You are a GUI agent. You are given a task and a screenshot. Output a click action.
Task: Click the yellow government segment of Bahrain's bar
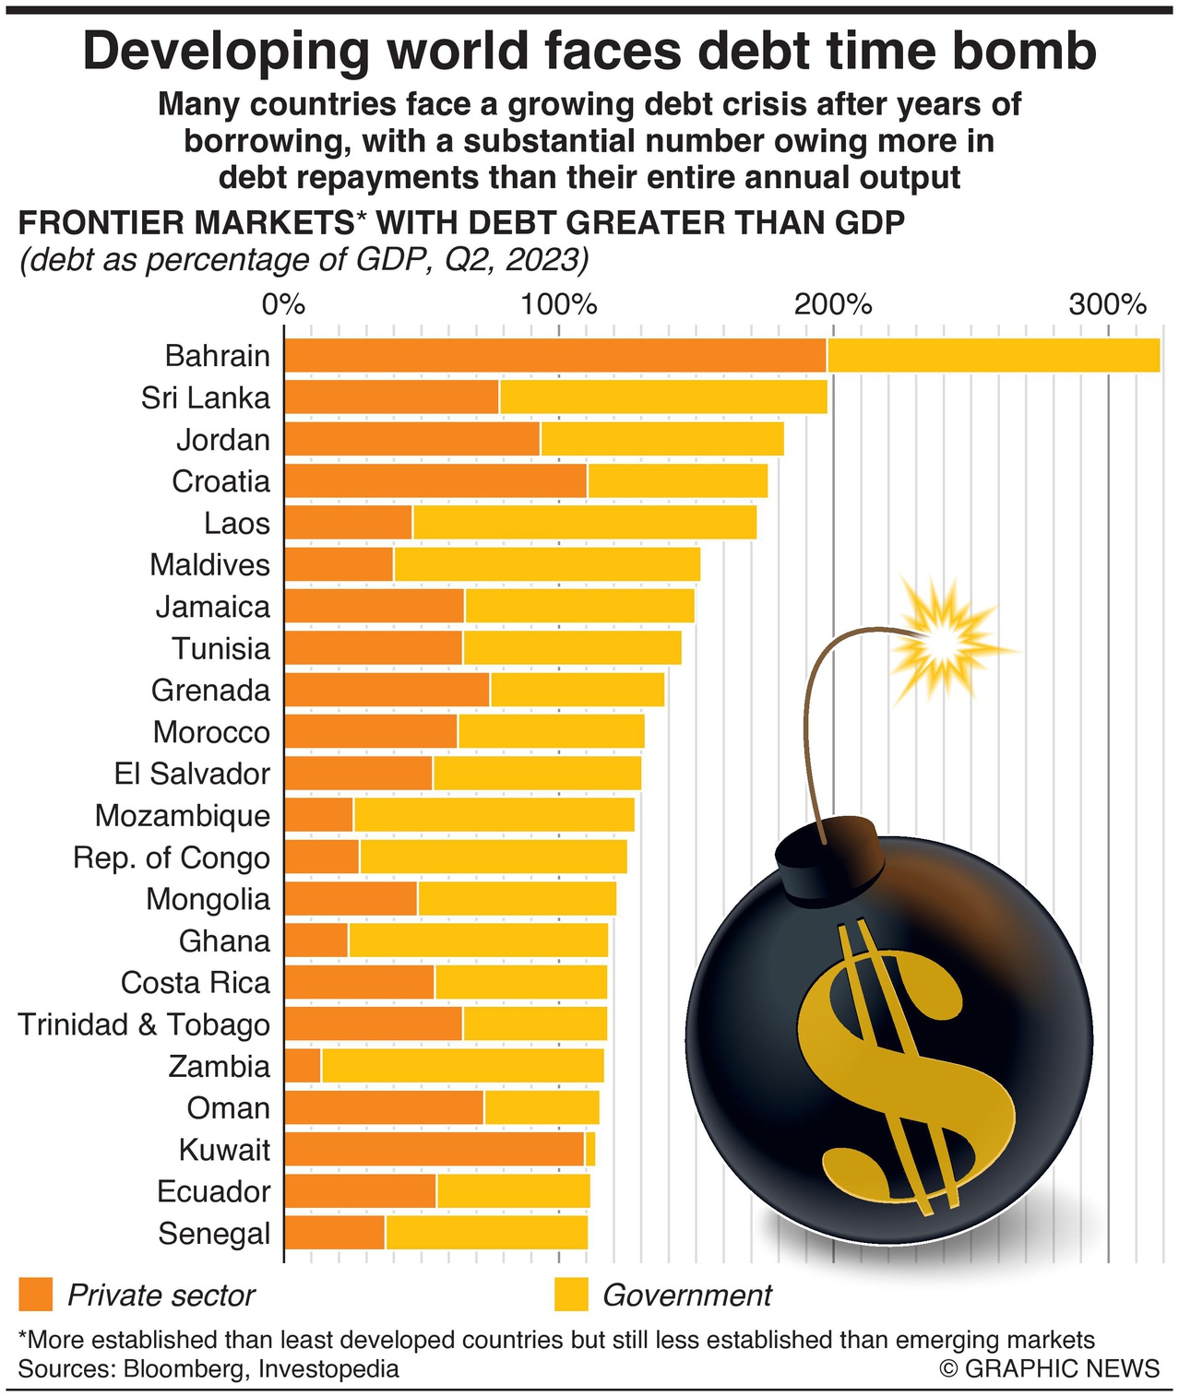[x=993, y=356]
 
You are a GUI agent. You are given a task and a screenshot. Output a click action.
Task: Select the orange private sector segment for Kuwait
[x=434, y=1150]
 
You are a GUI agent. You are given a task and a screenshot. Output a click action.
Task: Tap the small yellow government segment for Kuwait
[x=590, y=1150]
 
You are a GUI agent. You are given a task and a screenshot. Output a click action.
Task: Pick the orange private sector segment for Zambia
[x=303, y=1066]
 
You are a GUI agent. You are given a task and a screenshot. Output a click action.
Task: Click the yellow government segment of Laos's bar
[x=584, y=523]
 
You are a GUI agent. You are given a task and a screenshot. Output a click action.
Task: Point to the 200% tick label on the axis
[x=833, y=303]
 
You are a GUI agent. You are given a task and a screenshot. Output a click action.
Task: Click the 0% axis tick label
[x=283, y=303]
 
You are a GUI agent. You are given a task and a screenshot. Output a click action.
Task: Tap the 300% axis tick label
[x=1107, y=303]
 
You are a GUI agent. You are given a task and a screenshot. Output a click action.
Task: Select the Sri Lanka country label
[x=206, y=398]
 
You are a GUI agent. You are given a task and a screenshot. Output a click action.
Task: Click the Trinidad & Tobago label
[x=144, y=1024]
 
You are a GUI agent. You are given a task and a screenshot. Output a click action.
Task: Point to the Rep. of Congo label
[x=172, y=858]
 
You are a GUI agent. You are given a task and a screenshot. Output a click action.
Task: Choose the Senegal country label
[x=214, y=1234]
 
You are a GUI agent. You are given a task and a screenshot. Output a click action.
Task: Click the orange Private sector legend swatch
[x=35, y=1295]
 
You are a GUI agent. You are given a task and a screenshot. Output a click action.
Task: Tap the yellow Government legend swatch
[x=571, y=1295]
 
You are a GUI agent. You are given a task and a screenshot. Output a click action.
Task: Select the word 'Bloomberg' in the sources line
[x=184, y=1368]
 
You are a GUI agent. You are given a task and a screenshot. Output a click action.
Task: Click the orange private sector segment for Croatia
[x=435, y=481]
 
